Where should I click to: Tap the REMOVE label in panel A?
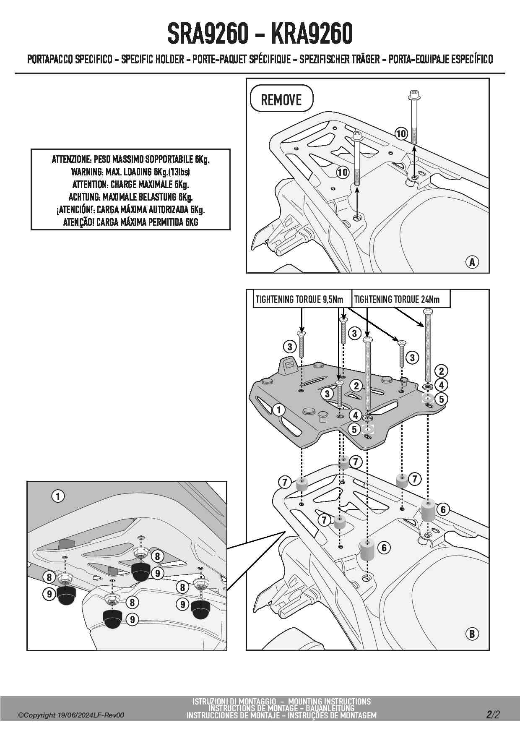point(281,99)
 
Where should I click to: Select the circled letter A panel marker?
point(472,262)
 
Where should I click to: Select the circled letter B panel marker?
point(472,634)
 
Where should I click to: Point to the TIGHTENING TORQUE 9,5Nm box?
point(299,299)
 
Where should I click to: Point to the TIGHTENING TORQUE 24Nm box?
point(397,299)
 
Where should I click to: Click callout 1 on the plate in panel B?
point(279,410)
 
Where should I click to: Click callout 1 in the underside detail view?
point(58,496)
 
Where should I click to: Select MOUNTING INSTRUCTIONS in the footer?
point(330,702)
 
